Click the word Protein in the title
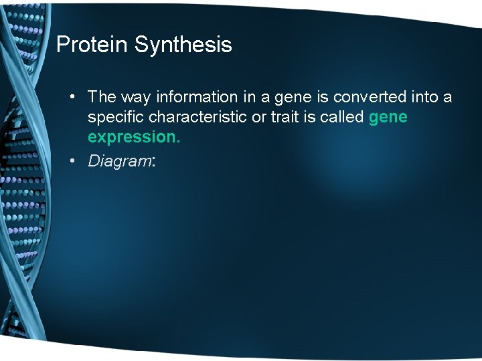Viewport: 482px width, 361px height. tap(92, 45)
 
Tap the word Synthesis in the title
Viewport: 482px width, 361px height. tap(183, 45)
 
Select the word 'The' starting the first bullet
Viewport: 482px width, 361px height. tap(102, 97)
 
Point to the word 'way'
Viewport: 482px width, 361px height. tap(136, 97)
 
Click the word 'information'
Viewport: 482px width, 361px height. tap(197, 97)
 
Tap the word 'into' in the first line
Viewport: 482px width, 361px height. tap(424, 97)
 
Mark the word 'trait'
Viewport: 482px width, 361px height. tap(289, 117)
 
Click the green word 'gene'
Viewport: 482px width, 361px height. tap(388, 118)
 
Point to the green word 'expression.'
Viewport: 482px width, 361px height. tap(134, 137)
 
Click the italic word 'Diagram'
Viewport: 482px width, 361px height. tap(120, 161)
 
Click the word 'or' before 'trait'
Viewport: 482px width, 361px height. tap(262, 117)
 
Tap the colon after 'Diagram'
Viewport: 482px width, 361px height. tap(154, 162)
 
